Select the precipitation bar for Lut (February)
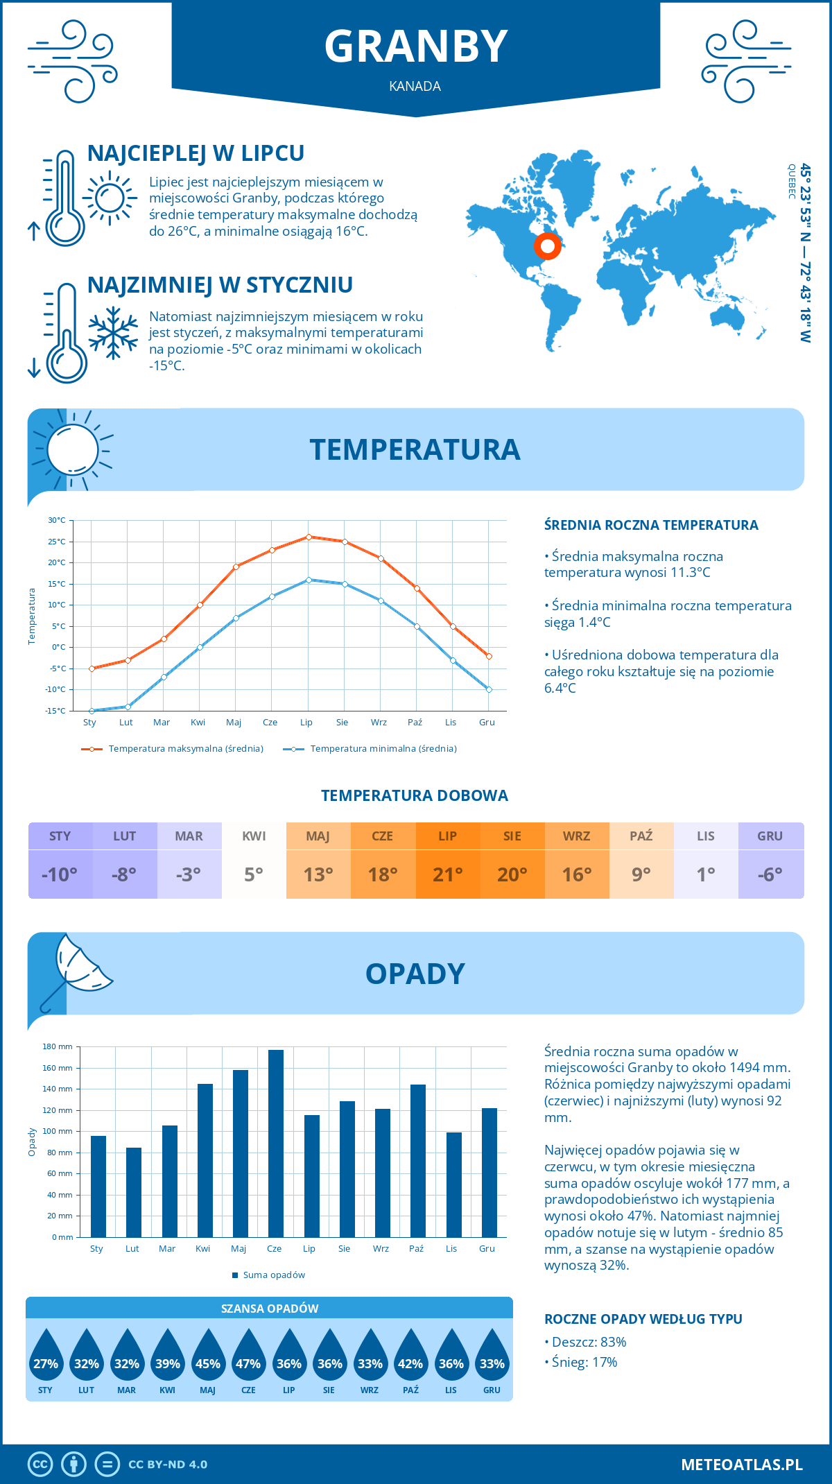point(134,1192)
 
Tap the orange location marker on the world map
point(547,245)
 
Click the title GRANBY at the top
point(416,46)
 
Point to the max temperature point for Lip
point(309,537)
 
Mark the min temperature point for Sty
point(92,711)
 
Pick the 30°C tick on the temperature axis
point(57,520)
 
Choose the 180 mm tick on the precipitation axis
point(58,1046)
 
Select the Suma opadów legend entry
point(273,1275)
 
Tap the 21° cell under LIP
point(448,874)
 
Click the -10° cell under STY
point(60,874)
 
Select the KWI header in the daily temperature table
point(254,836)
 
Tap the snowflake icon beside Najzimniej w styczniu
point(113,333)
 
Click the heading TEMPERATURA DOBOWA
point(415,795)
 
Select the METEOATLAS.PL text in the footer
point(741,1464)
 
